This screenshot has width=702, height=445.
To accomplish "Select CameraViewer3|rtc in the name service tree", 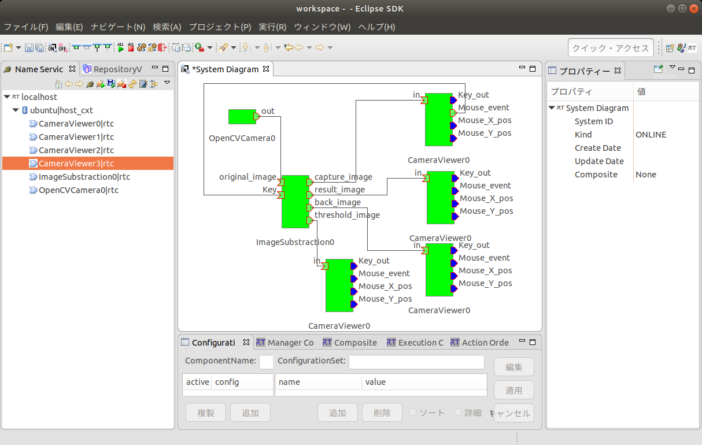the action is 76,164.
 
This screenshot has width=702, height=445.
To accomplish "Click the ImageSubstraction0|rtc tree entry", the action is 84,177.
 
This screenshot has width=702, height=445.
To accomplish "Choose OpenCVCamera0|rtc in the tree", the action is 78,190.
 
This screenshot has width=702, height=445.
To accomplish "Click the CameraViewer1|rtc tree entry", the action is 76,137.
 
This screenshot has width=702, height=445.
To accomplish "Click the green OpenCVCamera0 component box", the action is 242,117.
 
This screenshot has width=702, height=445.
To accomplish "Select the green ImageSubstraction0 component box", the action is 295,202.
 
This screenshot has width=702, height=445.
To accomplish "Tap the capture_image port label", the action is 343,177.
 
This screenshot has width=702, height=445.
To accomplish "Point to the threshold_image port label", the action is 347,215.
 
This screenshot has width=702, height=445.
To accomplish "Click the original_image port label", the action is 247,177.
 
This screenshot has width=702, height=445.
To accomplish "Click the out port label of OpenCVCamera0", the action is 268,111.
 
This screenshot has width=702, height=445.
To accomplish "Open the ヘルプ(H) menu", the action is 376,27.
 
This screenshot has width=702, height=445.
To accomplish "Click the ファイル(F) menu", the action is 26,27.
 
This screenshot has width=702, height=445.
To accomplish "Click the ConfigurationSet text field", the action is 416,362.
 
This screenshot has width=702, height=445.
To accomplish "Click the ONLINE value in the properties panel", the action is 651,135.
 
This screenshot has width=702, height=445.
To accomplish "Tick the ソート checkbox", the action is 413,413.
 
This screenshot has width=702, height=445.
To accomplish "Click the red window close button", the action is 693,9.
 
